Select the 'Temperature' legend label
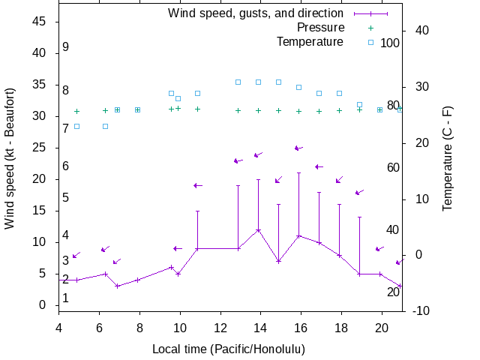(x=310, y=42)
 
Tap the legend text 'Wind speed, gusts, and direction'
(x=256, y=13)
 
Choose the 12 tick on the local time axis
(x=220, y=327)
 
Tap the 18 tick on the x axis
(x=340, y=327)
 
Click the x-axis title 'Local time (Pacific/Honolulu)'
(x=229, y=349)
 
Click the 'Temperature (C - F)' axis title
(x=448, y=157)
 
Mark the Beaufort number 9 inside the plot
(x=66, y=47)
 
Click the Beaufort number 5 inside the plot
(x=66, y=198)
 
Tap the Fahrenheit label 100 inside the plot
(x=390, y=43)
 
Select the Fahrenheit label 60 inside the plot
(x=393, y=167)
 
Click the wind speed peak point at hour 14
(x=258, y=229)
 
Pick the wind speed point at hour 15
(x=278, y=261)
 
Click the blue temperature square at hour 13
(x=238, y=82)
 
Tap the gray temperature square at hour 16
(x=298, y=87)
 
